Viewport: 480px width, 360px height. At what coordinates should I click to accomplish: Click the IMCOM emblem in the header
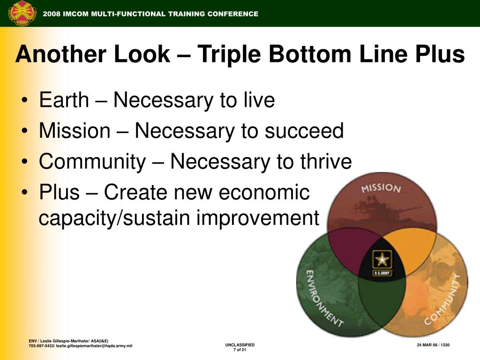coord(22,14)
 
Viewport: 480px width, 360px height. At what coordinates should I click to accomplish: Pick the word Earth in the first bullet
coord(64,100)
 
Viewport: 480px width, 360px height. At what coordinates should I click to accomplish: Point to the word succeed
coord(304,131)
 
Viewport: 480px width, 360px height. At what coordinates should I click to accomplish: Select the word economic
coord(264,192)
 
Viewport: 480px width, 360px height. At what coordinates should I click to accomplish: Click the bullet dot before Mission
coord(25,131)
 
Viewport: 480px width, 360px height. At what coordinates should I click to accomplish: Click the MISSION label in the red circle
coord(381,187)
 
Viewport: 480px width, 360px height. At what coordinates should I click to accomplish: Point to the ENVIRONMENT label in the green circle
coord(324,299)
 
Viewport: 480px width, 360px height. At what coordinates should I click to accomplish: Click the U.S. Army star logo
coord(382,262)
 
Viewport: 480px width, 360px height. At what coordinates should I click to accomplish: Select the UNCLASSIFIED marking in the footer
coord(240,345)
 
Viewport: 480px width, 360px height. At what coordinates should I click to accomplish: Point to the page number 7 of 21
coord(240,350)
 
